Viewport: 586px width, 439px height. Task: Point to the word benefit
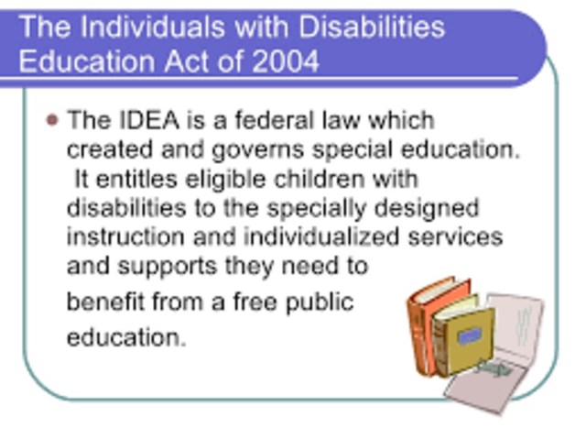tap(101, 302)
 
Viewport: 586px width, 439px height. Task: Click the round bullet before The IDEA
tap(51, 120)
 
